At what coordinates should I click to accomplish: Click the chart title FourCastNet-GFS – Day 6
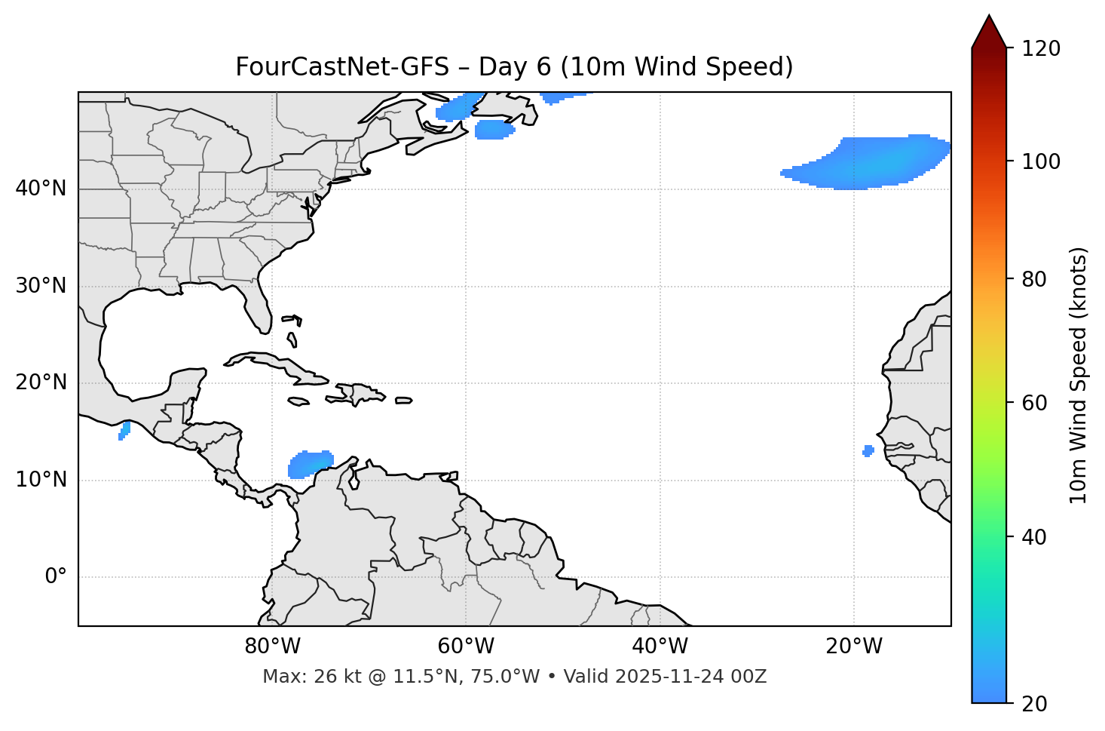tap(514, 67)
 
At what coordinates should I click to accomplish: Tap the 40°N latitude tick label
tap(41, 189)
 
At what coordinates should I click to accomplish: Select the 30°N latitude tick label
tap(41, 286)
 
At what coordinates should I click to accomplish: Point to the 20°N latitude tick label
tap(41, 382)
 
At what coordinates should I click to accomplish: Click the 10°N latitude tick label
tap(41, 480)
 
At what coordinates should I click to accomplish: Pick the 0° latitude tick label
tap(56, 577)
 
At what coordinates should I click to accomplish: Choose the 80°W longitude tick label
tap(272, 647)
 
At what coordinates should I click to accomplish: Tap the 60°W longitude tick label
tap(466, 647)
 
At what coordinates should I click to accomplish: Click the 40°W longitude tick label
tap(660, 647)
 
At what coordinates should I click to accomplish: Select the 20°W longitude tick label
tap(853, 647)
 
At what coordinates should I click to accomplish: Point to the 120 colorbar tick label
tap(1040, 49)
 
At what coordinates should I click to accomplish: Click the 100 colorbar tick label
tap(1040, 161)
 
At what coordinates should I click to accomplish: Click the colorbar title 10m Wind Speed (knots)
tap(1079, 375)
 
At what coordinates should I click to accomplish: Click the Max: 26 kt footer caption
tap(514, 677)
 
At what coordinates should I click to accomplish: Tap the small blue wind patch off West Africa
tap(868, 451)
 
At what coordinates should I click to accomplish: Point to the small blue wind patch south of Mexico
tap(124, 431)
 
